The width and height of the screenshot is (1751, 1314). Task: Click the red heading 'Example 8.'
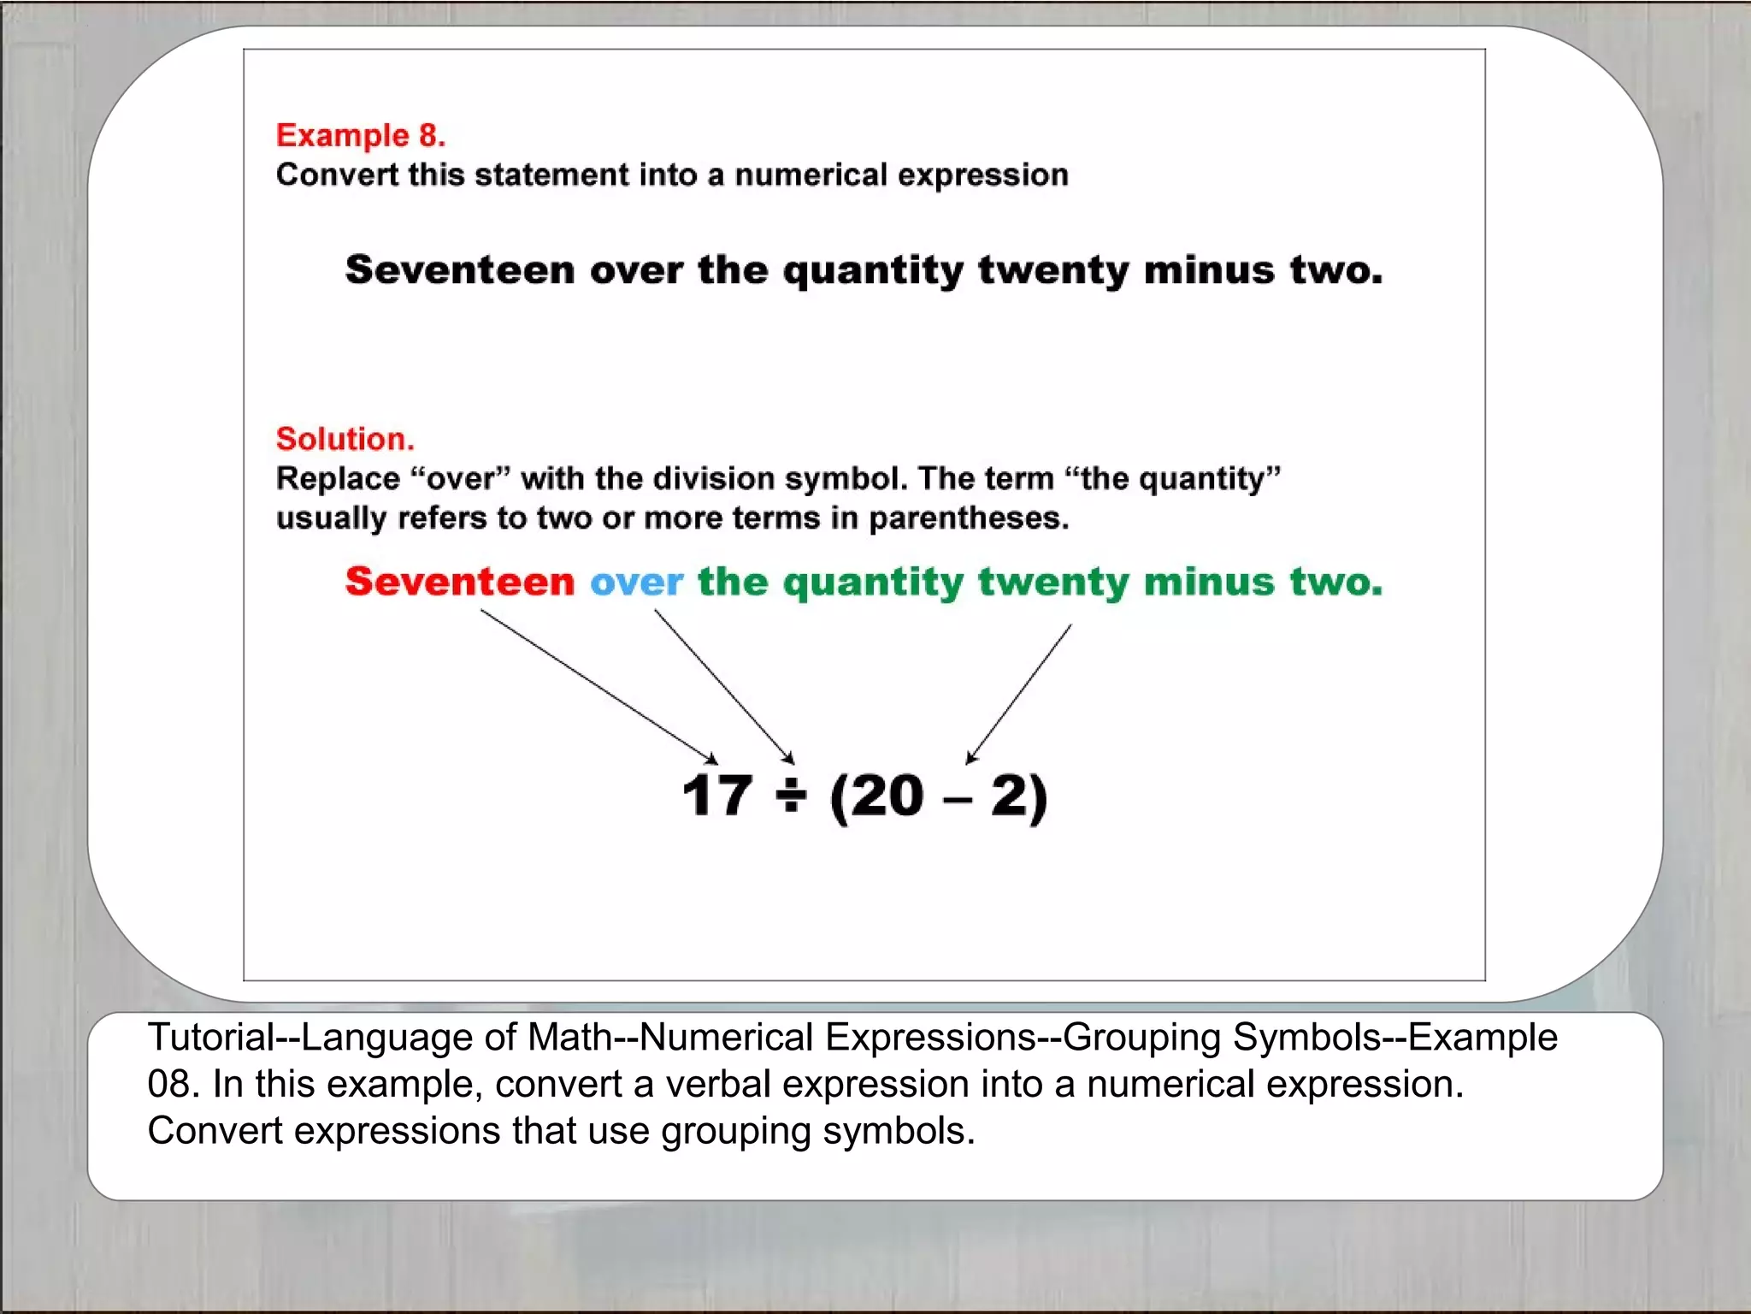[x=360, y=135]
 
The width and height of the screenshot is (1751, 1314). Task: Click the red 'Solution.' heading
[x=345, y=439]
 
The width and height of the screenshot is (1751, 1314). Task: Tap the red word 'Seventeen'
[x=459, y=582]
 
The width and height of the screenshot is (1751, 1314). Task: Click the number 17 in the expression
[x=716, y=796]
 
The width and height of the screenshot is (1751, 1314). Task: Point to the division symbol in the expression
[x=791, y=796]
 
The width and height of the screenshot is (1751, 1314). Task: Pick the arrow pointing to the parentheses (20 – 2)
[x=1019, y=693]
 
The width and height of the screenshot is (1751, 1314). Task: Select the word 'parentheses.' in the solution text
[x=969, y=518]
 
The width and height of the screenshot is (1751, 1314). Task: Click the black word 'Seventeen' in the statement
[x=459, y=270]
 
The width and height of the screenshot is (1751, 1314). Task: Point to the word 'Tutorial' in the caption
[x=209, y=1038]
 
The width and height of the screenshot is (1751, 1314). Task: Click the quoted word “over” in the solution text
[x=461, y=479]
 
